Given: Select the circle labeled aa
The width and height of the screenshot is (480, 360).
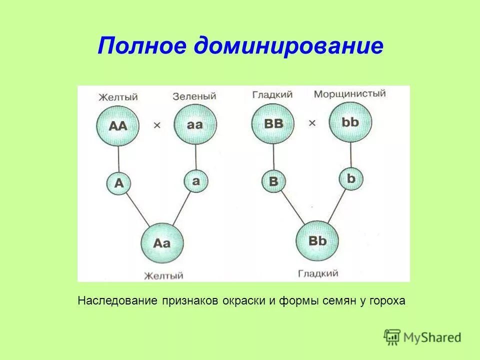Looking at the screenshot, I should (195, 124).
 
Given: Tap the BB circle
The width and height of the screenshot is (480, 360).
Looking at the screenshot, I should (272, 124).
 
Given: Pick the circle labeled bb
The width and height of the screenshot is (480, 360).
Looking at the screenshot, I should (350, 122).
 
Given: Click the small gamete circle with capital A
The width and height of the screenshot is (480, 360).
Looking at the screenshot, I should (118, 183).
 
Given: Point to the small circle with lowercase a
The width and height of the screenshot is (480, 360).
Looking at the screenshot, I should (195, 181).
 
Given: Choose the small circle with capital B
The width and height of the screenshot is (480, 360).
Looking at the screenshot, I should (273, 181).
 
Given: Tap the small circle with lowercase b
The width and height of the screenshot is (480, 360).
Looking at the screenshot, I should (350, 178).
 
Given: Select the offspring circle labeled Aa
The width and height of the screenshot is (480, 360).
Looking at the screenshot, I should (162, 243).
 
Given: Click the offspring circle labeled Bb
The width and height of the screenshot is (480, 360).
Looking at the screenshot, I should (317, 241).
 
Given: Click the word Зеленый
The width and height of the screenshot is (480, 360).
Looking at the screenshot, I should (194, 96).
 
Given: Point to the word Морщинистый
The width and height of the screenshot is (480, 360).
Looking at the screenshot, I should (349, 94).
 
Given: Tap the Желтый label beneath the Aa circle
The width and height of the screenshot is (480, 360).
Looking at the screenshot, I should (163, 275).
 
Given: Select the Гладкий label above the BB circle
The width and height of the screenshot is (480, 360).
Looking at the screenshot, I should (272, 95).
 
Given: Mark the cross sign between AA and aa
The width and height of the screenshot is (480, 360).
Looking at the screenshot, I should (157, 126).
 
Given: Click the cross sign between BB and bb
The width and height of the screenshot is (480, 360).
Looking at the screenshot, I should (312, 123).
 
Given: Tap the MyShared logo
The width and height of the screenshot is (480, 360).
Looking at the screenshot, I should (422, 336).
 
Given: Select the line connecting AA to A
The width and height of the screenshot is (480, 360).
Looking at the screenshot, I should (118, 159).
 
